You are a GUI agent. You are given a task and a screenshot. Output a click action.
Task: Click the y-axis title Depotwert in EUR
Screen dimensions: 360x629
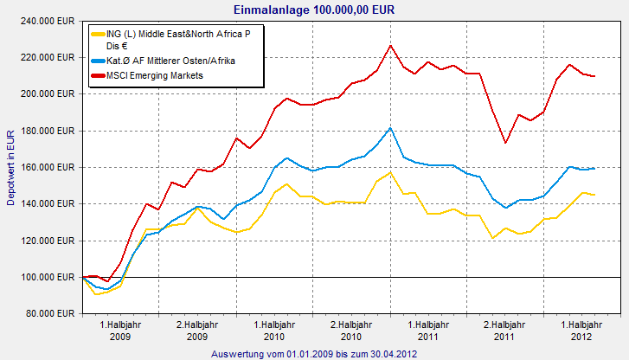10,167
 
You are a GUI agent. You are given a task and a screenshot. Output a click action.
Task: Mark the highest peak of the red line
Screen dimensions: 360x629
390,45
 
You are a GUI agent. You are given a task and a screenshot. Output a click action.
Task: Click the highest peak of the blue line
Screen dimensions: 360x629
390,128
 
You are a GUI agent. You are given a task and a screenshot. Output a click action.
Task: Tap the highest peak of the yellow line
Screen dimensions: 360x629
390,172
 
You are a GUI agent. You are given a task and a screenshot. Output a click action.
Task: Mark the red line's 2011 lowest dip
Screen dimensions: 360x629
506,143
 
